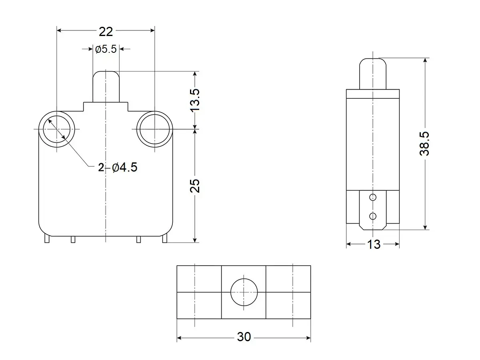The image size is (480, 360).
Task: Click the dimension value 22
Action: click(x=106, y=31)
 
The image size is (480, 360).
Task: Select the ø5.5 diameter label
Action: click(x=106, y=49)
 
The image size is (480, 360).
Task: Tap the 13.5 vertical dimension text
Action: click(x=195, y=100)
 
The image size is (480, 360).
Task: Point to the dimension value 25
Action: click(x=195, y=186)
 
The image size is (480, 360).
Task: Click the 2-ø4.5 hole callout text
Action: click(x=118, y=167)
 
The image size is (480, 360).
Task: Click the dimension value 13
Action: click(x=374, y=244)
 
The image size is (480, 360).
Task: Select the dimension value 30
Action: click(x=244, y=337)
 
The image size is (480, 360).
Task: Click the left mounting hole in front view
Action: click(x=56, y=129)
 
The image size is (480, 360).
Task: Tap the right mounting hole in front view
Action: click(x=154, y=129)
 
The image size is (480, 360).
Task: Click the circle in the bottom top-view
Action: click(x=244, y=292)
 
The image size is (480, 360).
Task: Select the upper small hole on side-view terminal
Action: click(x=373, y=197)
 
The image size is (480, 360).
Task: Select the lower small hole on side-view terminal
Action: click(x=373, y=216)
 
